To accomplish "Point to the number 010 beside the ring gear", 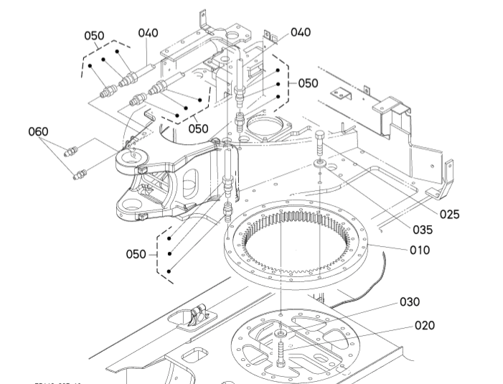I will pos(419,250).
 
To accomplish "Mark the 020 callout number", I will pos(425,325).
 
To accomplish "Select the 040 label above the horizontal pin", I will pos(149,33).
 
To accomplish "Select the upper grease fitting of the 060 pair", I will pos(71,151).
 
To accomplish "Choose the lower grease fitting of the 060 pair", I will pos(80,173).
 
